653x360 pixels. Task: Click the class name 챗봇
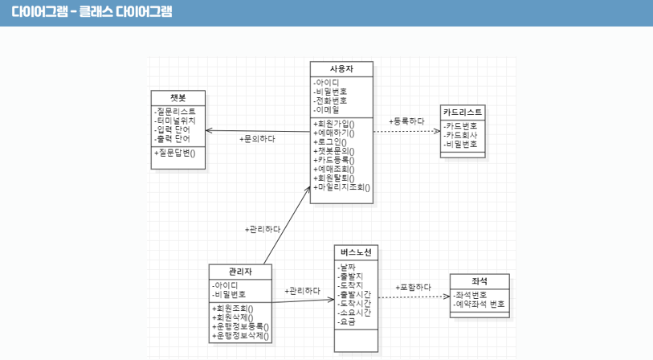[x=178, y=97]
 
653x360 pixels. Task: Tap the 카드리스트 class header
[x=462, y=112]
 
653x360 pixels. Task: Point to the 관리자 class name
[x=240, y=271]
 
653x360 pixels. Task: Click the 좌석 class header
[x=479, y=280]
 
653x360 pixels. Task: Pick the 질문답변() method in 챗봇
[x=181, y=152]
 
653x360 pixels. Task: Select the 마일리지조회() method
[x=342, y=186]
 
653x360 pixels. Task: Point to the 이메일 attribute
[x=328, y=109]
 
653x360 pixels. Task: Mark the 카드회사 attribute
[x=461, y=135]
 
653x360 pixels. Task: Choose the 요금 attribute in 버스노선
[x=348, y=321]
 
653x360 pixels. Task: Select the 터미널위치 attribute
[x=176, y=120]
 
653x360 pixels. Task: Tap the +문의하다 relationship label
[x=257, y=138]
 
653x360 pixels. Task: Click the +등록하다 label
[x=406, y=121]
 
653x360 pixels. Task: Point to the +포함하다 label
[x=413, y=287]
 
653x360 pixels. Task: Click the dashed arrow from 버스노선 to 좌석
[x=413, y=297]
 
